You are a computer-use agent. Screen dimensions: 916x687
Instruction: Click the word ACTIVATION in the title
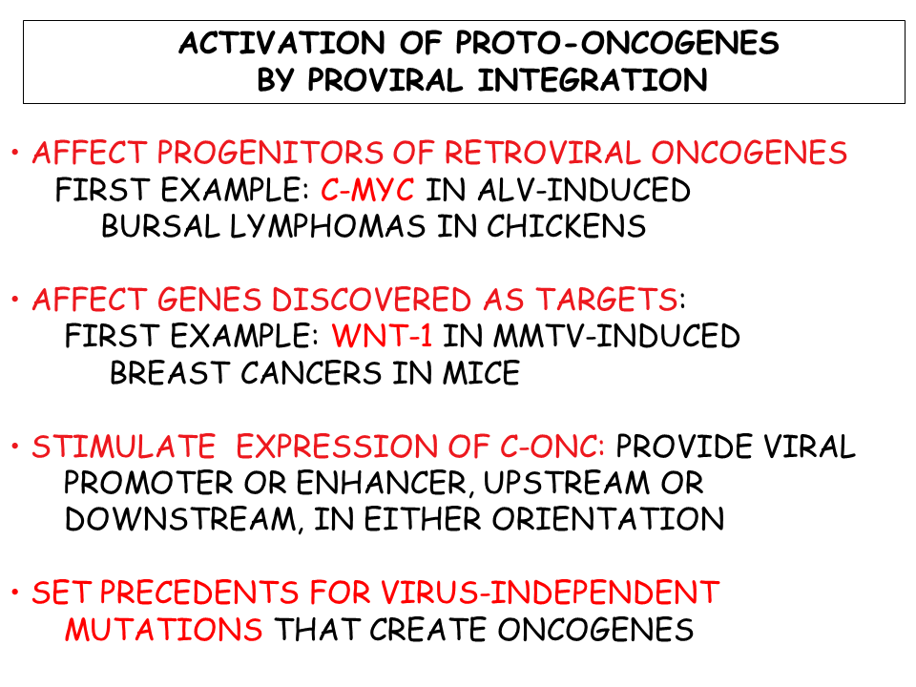coord(282,43)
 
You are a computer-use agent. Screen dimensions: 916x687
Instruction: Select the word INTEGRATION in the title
coord(593,80)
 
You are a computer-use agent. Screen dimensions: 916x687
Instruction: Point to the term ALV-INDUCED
coord(584,190)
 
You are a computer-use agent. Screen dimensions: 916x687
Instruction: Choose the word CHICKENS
coord(567,226)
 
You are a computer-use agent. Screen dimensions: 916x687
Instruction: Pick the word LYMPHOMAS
coord(327,227)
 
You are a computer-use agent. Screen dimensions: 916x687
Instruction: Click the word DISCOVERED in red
coord(371,300)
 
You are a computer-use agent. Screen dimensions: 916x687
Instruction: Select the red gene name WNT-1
coord(383,336)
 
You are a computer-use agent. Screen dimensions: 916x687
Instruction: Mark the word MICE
coord(481,373)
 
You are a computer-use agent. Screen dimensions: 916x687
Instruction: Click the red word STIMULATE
coord(124,447)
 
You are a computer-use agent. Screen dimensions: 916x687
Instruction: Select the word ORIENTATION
coord(608,519)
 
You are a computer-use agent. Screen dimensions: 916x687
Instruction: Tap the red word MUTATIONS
coord(163,630)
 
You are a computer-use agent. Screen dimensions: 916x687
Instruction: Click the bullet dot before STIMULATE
coord(15,447)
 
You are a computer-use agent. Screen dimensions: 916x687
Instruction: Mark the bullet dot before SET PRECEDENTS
coord(15,593)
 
